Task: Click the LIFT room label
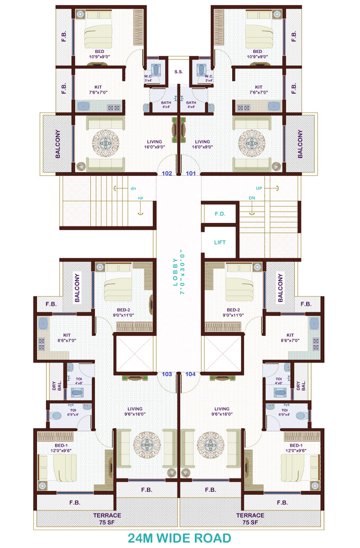[x=220, y=242]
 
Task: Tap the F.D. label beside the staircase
[x=220, y=213]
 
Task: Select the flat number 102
[x=167, y=174]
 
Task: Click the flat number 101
[x=191, y=174]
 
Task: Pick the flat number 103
[x=167, y=374]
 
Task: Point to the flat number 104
[x=191, y=374]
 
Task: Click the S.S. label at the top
[x=179, y=72]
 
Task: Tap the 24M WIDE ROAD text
[x=179, y=537]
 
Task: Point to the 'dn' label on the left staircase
[x=133, y=188]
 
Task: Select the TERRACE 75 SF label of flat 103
[x=107, y=518]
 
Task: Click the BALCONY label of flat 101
[x=300, y=144]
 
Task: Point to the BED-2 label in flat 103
[x=122, y=311]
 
